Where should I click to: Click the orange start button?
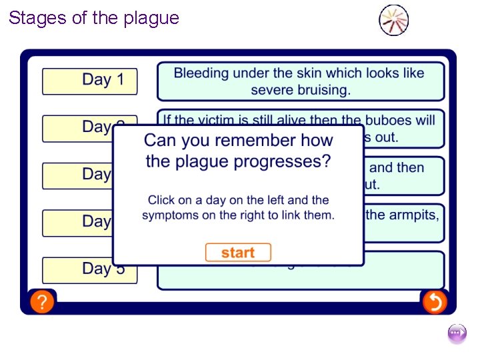[x=238, y=253]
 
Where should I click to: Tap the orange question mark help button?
[x=41, y=302]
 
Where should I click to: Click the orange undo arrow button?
[x=434, y=302]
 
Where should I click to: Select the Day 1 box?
[x=89, y=81]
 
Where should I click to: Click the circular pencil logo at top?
[x=393, y=20]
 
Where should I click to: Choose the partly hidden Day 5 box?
[x=89, y=269]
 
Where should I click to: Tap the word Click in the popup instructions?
[x=161, y=200]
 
